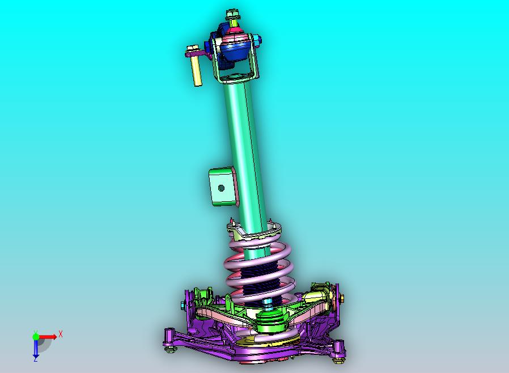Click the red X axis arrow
pyautogui.click(x=48, y=337)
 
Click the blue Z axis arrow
pyautogui.click(x=35, y=347)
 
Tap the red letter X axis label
pyautogui.click(x=61, y=334)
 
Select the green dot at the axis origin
pyautogui.click(x=36, y=337)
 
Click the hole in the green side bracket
pyautogui.click(x=222, y=188)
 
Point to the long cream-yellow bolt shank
pyautogui.click(x=196, y=71)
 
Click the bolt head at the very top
pyautogui.click(x=232, y=15)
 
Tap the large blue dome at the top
pyautogui.click(x=234, y=48)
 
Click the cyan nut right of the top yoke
pyautogui.click(x=258, y=40)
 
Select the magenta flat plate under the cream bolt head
pyautogui.click(x=197, y=53)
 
